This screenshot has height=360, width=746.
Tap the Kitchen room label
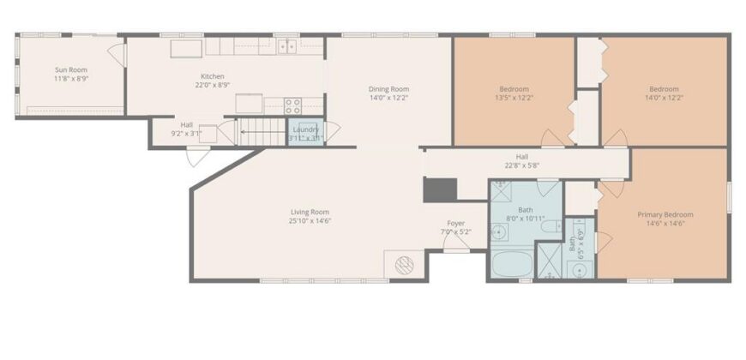click(212, 76)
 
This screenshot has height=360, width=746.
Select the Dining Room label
click(388, 89)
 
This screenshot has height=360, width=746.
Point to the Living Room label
click(310, 212)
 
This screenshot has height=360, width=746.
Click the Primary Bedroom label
click(665, 214)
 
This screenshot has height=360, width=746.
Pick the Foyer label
click(456, 223)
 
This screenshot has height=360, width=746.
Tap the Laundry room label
click(306, 129)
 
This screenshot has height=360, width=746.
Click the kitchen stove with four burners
click(292, 106)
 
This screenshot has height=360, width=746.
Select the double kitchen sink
click(287, 46)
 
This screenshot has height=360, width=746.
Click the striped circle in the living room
click(405, 265)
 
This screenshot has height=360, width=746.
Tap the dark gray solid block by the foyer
click(440, 189)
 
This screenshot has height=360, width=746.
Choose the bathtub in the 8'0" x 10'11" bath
click(512, 263)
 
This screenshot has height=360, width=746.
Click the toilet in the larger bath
click(551, 226)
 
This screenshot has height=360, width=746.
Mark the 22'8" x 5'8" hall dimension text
click(522, 166)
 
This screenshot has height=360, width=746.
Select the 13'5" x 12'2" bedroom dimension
click(514, 98)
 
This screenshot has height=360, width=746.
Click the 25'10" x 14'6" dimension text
click(310, 220)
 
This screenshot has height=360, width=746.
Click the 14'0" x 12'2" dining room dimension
click(388, 98)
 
